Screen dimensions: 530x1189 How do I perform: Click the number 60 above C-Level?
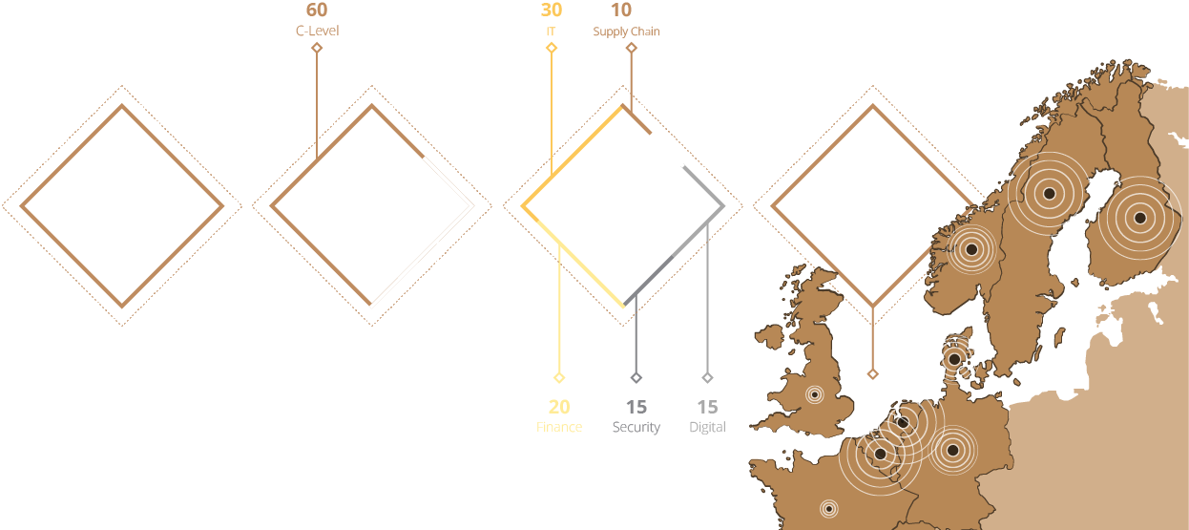point(317,11)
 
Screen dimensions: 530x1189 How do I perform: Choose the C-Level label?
point(317,31)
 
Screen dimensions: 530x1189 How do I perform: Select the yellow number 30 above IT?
point(552,11)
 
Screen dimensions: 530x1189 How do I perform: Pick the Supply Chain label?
point(626,32)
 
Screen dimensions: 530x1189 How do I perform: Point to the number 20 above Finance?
point(559,407)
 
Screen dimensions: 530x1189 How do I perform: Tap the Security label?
point(636,427)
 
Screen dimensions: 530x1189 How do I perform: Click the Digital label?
point(707,427)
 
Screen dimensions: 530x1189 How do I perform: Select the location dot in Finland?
point(1138,218)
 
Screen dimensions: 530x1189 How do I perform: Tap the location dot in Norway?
point(971,249)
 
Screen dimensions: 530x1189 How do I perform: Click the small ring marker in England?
point(814,393)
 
